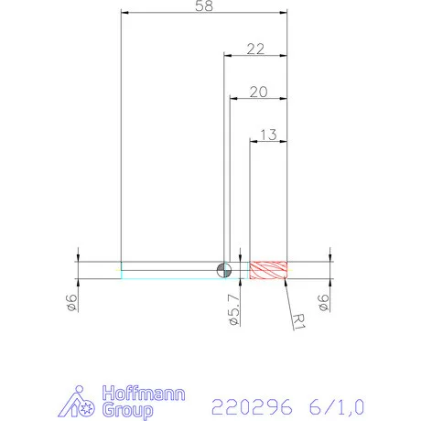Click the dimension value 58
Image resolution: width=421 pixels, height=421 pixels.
[x=205, y=6]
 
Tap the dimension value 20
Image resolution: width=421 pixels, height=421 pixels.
[x=257, y=92]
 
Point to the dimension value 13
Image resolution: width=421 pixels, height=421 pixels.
[x=269, y=135]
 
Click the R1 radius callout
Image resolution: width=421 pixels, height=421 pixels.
[x=298, y=318]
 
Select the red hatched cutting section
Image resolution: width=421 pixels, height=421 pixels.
[x=270, y=270]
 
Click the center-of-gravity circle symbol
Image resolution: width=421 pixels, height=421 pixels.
[x=223, y=269]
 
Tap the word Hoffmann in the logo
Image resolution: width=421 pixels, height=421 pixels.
[x=145, y=394]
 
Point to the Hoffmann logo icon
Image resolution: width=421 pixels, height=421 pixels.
[x=83, y=403]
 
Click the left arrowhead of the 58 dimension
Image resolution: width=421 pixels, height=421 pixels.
[x=125, y=14]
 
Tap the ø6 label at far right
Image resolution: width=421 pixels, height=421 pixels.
[x=321, y=304]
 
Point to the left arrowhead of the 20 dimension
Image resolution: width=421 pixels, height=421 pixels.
[x=232, y=100]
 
